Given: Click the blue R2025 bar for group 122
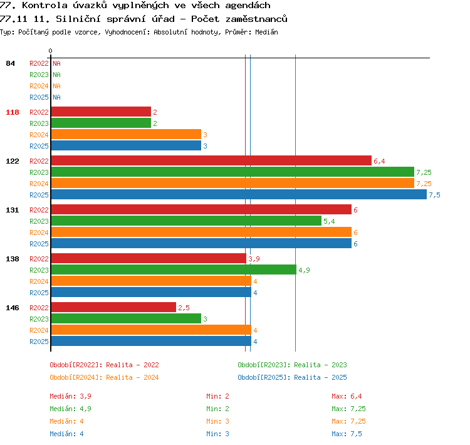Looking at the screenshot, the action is pos(239,195).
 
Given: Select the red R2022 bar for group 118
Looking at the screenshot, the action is pos(101,112).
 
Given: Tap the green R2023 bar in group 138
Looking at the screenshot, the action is pos(174,270).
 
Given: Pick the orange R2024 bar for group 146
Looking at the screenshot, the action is pos(151,330).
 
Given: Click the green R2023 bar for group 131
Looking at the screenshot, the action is pos(186,221).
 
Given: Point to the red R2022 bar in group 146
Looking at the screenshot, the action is pos(113,307).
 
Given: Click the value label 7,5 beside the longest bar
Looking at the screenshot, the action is pos(434,195).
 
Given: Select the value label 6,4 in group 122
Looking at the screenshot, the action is pos(379,161).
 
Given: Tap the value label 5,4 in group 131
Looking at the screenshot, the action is pos(329,222).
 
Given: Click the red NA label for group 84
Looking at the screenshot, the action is pos(56,63).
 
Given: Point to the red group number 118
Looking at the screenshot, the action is pos(13,112).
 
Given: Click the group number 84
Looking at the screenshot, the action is pos(10,63).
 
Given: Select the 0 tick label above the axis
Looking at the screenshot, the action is pos(50,51).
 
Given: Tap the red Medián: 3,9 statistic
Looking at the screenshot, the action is pos(70,396).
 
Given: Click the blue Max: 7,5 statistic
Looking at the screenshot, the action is pos(347,434).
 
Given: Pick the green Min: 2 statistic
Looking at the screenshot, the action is pos(217,409).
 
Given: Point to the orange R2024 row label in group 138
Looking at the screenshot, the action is pos(39,281).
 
